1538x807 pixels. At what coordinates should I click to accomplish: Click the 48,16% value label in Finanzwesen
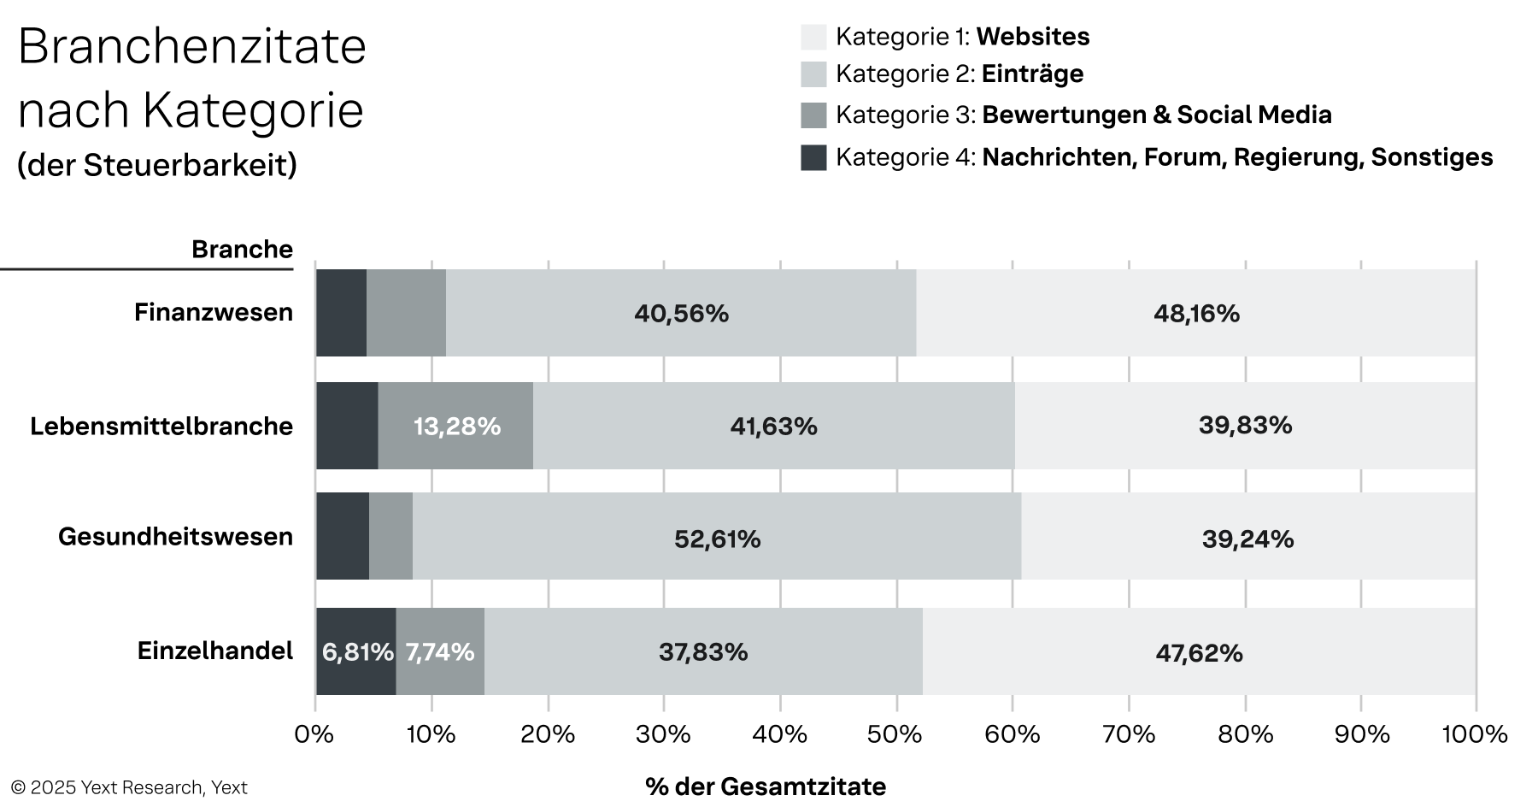(x=1196, y=314)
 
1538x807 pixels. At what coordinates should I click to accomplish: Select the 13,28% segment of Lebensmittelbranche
(x=456, y=426)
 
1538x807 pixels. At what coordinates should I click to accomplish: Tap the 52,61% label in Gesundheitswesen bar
(x=717, y=539)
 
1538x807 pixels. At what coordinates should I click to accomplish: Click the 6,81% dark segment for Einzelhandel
(x=356, y=652)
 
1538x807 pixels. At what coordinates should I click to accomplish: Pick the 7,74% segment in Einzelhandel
(x=440, y=652)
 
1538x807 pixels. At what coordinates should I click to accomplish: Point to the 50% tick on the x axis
(x=895, y=734)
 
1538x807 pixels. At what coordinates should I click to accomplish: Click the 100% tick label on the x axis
(x=1476, y=734)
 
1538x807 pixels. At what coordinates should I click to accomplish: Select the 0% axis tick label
(x=314, y=734)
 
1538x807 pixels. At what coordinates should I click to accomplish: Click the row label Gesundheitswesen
(x=175, y=537)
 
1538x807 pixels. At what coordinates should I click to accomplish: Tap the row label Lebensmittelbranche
(x=161, y=426)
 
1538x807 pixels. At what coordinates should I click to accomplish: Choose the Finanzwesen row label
(x=214, y=313)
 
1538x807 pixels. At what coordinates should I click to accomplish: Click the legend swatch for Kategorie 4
(x=813, y=157)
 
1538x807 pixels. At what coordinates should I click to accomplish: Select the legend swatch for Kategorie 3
(x=813, y=115)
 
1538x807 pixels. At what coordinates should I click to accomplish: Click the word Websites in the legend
(x=1032, y=37)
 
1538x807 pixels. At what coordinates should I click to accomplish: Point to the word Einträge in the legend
(x=1032, y=74)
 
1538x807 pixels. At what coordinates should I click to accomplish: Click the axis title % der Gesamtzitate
(x=766, y=786)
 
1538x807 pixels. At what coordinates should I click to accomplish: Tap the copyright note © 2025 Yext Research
(x=129, y=787)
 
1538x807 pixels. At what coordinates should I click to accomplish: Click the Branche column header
(x=242, y=249)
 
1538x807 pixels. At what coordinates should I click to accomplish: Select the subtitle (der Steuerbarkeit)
(x=157, y=165)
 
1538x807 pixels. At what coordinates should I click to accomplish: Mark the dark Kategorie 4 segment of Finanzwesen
(x=341, y=313)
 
